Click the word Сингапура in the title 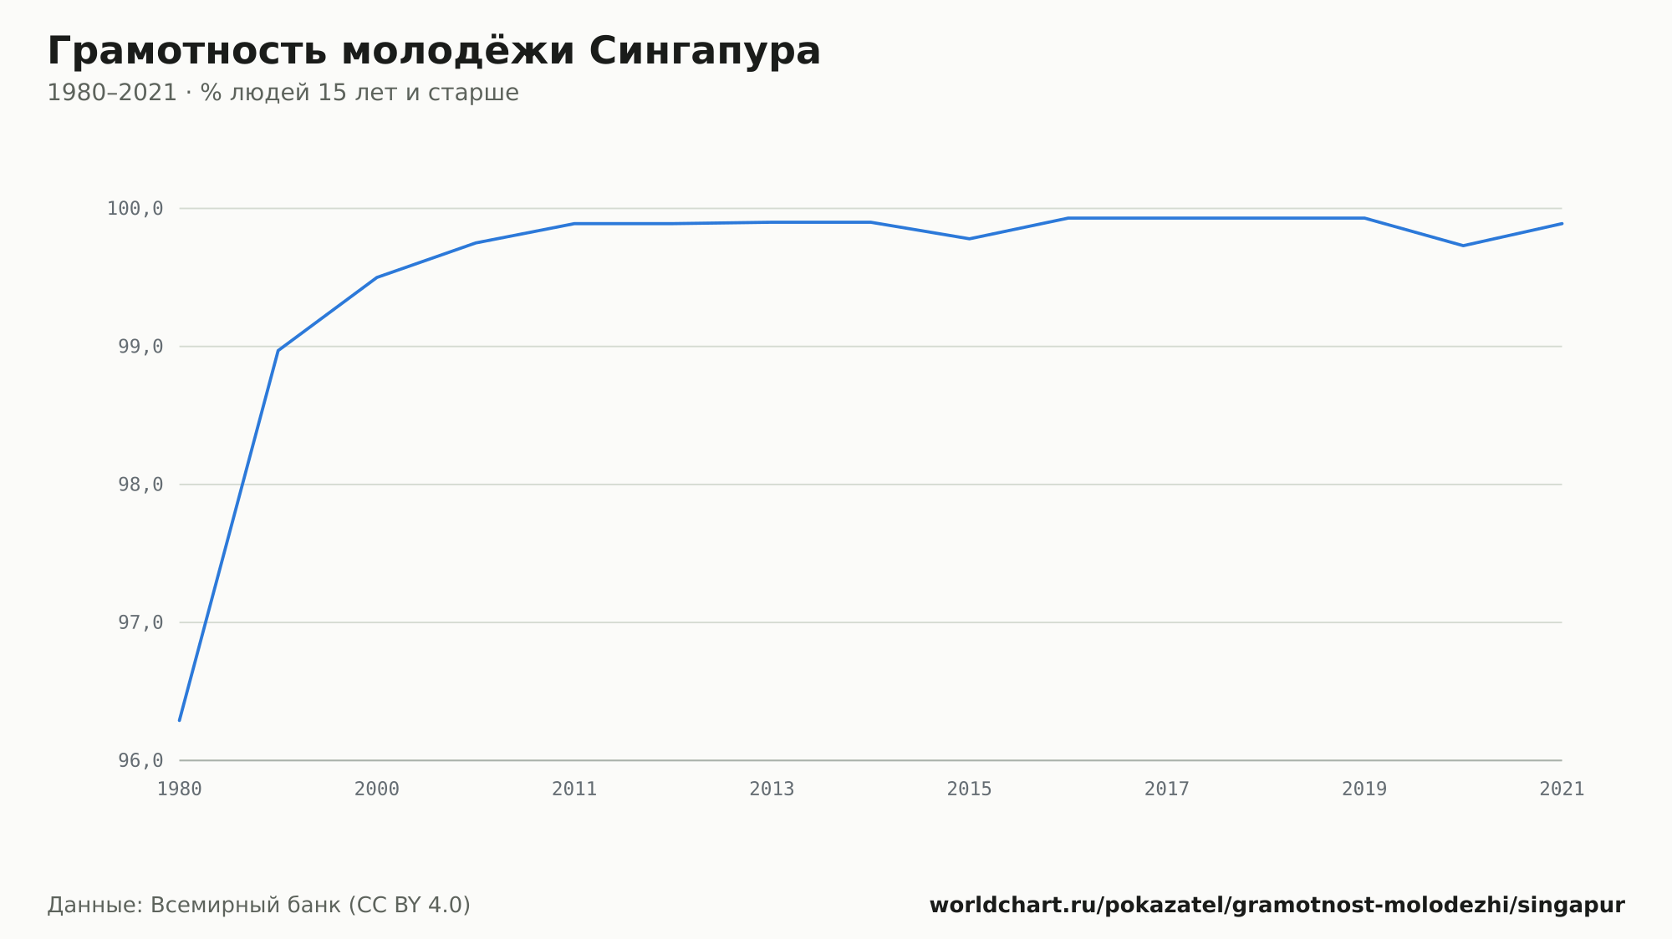[x=705, y=52]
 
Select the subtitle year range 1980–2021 [x=112, y=93]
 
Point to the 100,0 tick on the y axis [x=135, y=209]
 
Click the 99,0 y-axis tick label [x=140, y=347]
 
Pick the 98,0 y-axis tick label [x=140, y=485]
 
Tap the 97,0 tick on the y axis [x=140, y=622]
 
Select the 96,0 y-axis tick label [x=140, y=760]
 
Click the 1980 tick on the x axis [x=180, y=789]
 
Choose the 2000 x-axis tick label [x=377, y=789]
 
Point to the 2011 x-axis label [x=574, y=789]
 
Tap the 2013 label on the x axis [x=772, y=789]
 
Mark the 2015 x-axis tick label [x=970, y=789]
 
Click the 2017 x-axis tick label [x=1167, y=789]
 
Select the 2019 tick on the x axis [x=1364, y=789]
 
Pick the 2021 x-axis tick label [x=1562, y=789]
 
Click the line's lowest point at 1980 [x=180, y=720]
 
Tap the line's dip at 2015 [x=970, y=239]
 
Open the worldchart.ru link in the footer [x=1277, y=906]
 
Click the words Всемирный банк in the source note [x=246, y=906]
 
